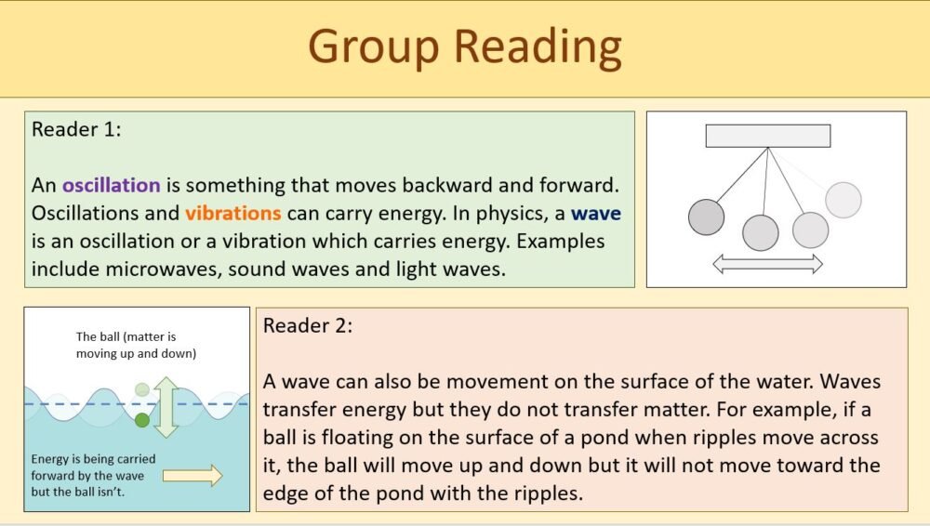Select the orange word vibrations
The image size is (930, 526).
pyautogui.click(x=232, y=213)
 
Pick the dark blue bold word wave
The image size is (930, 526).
pyautogui.click(x=596, y=213)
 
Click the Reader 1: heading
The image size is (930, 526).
pyautogui.click(x=76, y=129)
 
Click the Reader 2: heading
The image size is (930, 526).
pyautogui.click(x=308, y=326)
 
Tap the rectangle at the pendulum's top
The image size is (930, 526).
pyautogui.click(x=767, y=136)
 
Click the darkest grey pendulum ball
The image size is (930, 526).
pyautogui.click(x=706, y=217)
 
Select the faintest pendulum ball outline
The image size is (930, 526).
pyautogui.click(x=844, y=200)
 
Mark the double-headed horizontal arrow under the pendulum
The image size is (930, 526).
pyautogui.click(x=767, y=265)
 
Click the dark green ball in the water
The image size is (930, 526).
pyautogui.click(x=141, y=421)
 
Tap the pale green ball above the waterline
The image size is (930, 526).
pyautogui.click(x=141, y=389)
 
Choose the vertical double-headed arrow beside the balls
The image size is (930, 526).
pyautogui.click(x=166, y=406)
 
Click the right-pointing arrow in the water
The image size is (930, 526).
pyautogui.click(x=193, y=476)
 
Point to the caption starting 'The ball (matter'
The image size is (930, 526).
pyautogui.click(x=136, y=346)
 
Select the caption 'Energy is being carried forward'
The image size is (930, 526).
pyautogui.click(x=93, y=474)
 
